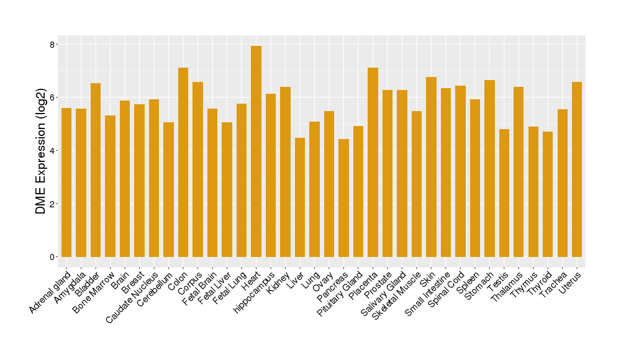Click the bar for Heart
click(256, 151)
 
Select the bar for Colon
click(183, 162)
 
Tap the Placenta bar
click(373, 162)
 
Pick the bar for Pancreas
click(343, 198)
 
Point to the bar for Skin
click(431, 167)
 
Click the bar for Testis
click(504, 193)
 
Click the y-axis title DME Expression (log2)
click(41, 151)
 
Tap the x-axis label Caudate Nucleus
click(136, 297)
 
